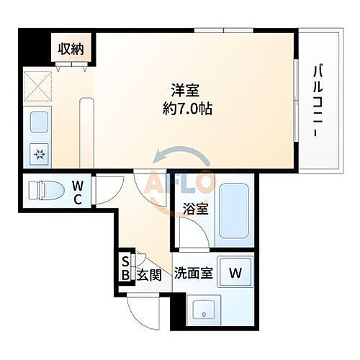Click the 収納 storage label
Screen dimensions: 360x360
(71, 49)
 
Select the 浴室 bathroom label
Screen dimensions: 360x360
(197, 210)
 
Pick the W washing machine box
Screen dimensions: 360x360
(235, 272)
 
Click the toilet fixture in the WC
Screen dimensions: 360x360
(42, 192)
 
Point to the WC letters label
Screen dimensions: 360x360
(77, 192)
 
